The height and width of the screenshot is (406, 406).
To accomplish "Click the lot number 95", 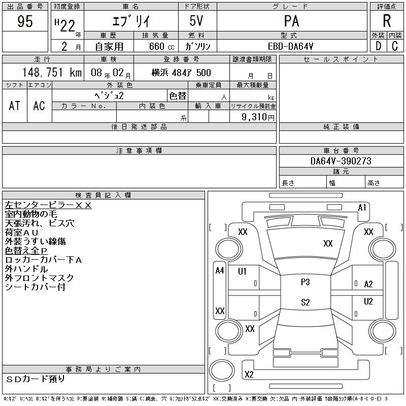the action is (x=25, y=21).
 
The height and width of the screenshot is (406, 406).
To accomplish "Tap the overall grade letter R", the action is (x=387, y=21).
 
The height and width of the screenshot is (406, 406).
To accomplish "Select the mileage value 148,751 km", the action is (x=52, y=73).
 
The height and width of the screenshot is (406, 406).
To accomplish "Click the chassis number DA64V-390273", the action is (x=341, y=161).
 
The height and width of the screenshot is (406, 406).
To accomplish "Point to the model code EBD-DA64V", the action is (x=290, y=47).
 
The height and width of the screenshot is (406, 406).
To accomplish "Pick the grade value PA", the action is (x=291, y=21).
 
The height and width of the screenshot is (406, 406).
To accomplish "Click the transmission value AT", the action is (x=15, y=106).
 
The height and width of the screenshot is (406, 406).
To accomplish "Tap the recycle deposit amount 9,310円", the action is (x=258, y=117).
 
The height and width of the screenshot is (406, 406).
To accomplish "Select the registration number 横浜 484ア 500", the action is (x=181, y=73).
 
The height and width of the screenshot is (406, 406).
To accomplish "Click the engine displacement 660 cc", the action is (x=161, y=47).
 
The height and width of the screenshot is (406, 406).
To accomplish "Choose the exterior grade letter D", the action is (x=378, y=46).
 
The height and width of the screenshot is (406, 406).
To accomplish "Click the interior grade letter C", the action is (x=395, y=46).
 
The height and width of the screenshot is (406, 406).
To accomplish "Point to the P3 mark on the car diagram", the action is (x=306, y=282).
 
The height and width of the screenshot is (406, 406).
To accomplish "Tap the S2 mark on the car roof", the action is (x=306, y=302).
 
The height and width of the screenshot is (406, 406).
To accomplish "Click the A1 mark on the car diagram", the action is (x=362, y=208).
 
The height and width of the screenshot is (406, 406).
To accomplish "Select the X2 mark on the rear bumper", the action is (x=249, y=375).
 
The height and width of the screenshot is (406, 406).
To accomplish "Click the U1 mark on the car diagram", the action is (x=242, y=272).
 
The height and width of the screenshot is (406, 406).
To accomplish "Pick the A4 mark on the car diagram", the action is (x=220, y=270).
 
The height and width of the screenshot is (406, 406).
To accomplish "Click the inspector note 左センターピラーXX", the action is (x=48, y=206).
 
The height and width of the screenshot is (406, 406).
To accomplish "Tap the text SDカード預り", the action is (x=35, y=379).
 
